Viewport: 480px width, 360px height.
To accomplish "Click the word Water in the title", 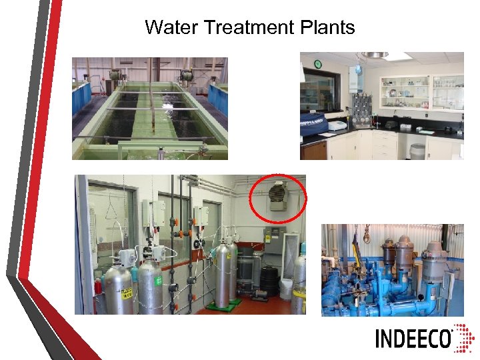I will click(171, 27).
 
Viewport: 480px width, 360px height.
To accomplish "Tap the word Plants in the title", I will click(328, 27).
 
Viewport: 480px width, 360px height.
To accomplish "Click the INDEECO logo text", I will click(413, 338).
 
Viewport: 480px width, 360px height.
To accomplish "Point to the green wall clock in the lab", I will click(318, 64).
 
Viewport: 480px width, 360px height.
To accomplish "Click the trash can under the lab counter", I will click(417, 151).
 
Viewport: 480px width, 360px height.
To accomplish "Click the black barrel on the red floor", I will click(269, 281).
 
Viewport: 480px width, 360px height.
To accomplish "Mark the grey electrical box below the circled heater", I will click(273, 236).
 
